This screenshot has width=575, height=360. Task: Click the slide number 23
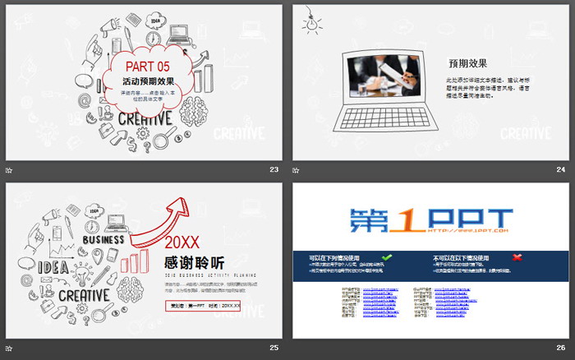[274, 169]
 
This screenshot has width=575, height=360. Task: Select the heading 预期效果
[467, 62]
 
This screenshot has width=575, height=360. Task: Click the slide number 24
[561, 169]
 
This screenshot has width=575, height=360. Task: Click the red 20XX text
[181, 243]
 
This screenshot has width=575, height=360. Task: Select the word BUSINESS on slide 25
[103, 239]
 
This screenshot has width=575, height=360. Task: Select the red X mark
[517, 257]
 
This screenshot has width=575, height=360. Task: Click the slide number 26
[561, 348]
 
